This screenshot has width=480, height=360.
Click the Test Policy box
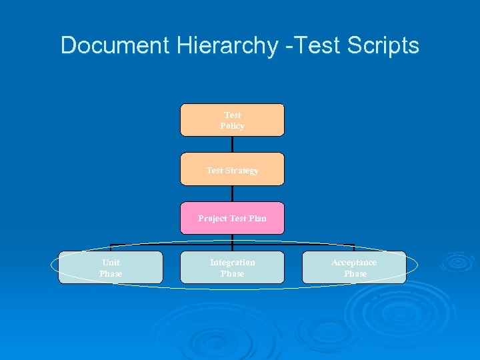(x=232, y=120)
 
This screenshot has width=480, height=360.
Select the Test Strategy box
(x=232, y=169)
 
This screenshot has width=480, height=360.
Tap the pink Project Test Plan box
(x=232, y=218)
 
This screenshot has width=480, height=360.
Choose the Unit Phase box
(x=111, y=267)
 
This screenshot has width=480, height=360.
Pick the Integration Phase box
(x=232, y=267)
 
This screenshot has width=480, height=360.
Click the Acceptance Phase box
(x=354, y=267)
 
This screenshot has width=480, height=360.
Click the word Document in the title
(x=115, y=45)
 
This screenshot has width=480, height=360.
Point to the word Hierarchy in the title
(x=226, y=45)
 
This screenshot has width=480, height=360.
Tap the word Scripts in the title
(x=384, y=45)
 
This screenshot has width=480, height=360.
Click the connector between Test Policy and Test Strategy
(x=232, y=144)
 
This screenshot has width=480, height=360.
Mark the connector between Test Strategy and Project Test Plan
(x=232, y=193)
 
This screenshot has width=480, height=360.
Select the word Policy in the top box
(x=232, y=126)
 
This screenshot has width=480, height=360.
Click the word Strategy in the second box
(x=242, y=171)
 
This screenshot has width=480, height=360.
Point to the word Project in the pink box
(x=213, y=219)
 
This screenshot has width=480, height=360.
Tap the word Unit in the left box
(x=111, y=263)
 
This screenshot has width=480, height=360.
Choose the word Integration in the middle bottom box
(x=232, y=263)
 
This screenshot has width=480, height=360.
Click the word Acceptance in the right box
(x=354, y=263)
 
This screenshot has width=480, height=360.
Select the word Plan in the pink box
(x=257, y=219)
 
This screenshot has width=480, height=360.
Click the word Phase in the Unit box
(x=111, y=274)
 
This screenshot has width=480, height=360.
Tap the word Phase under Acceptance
(x=355, y=274)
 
